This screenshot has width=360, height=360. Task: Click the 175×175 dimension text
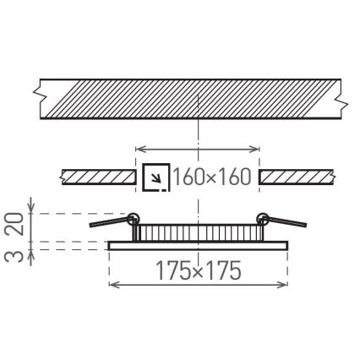199,271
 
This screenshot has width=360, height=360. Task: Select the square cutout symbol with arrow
155,177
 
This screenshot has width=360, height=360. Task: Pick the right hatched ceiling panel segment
297,177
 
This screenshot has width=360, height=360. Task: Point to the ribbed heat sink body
199,232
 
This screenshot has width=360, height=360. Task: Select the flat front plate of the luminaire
199,245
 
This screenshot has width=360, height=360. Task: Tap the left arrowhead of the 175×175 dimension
113,285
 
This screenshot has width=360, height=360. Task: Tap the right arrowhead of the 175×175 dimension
285,285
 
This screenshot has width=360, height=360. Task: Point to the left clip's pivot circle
133,218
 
